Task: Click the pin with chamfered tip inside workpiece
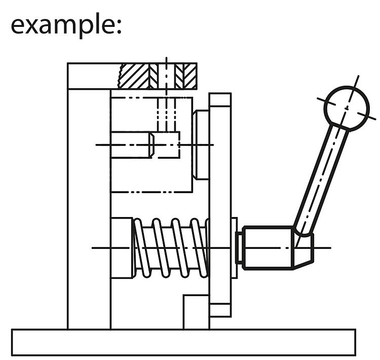[x=132, y=145]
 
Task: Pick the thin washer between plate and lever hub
[x=234, y=247]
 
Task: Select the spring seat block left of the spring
[x=122, y=247]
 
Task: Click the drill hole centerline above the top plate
[x=166, y=60]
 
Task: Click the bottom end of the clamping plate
[x=220, y=310]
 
